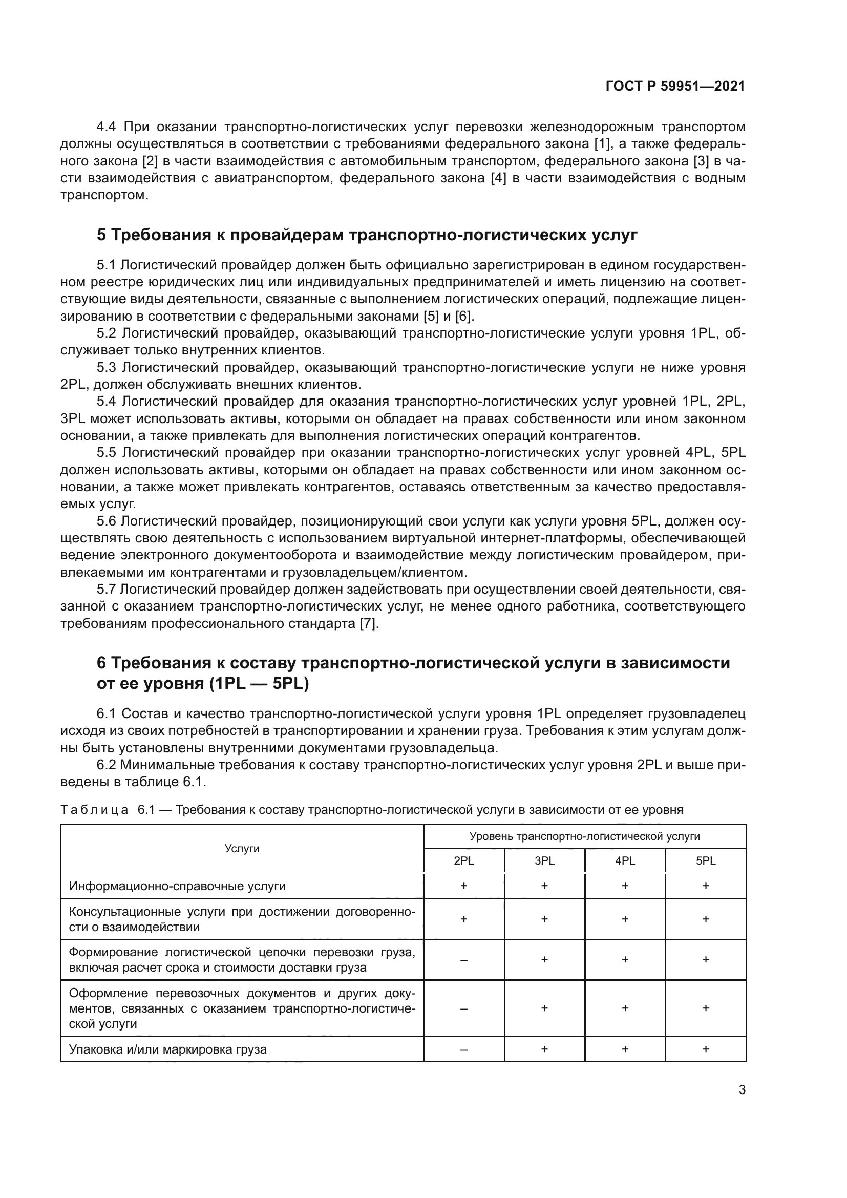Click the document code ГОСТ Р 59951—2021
coord(675,86)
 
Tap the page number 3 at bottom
coord(742,1090)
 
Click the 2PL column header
coord(463,861)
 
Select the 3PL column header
coord(544,861)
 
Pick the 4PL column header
coord(625,861)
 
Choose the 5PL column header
coord(705,861)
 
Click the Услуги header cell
coord(242,848)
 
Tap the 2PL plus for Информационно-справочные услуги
coord(463,886)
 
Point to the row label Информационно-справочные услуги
coord(177,886)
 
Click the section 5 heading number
coord(102,235)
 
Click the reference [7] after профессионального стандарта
coord(369,624)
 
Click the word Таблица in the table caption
coord(94,810)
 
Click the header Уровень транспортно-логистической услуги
coord(584,836)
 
